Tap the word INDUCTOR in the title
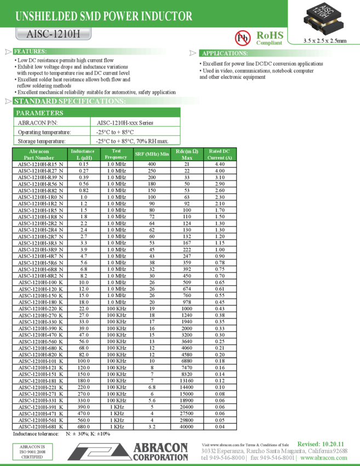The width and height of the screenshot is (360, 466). (x=167, y=16)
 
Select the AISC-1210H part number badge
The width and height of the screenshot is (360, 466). (x=53, y=35)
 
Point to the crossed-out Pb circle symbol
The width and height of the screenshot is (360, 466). (x=242, y=38)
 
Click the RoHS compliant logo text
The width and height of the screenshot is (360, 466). (x=270, y=38)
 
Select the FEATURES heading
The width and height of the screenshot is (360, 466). (x=30, y=52)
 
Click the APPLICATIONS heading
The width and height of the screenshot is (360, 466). (x=225, y=53)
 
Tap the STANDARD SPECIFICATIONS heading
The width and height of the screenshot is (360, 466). (x=70, y=101)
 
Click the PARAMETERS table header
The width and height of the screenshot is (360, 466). (x=39, y=112)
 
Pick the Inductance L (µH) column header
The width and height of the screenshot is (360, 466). (x=83, y=154)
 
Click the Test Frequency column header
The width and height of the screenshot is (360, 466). (x=116, y=154)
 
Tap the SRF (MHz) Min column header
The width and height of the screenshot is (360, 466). (x=152, y=154)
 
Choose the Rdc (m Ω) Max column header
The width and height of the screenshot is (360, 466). (x=187, y=154)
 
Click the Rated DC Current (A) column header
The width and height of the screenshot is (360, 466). (x=219, y=154)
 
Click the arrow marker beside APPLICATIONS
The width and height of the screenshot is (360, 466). (x=193, y=53)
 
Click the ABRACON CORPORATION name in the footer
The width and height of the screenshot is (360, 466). (x=161, y=452)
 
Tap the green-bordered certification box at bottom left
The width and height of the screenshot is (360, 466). (x=33, y=452)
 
